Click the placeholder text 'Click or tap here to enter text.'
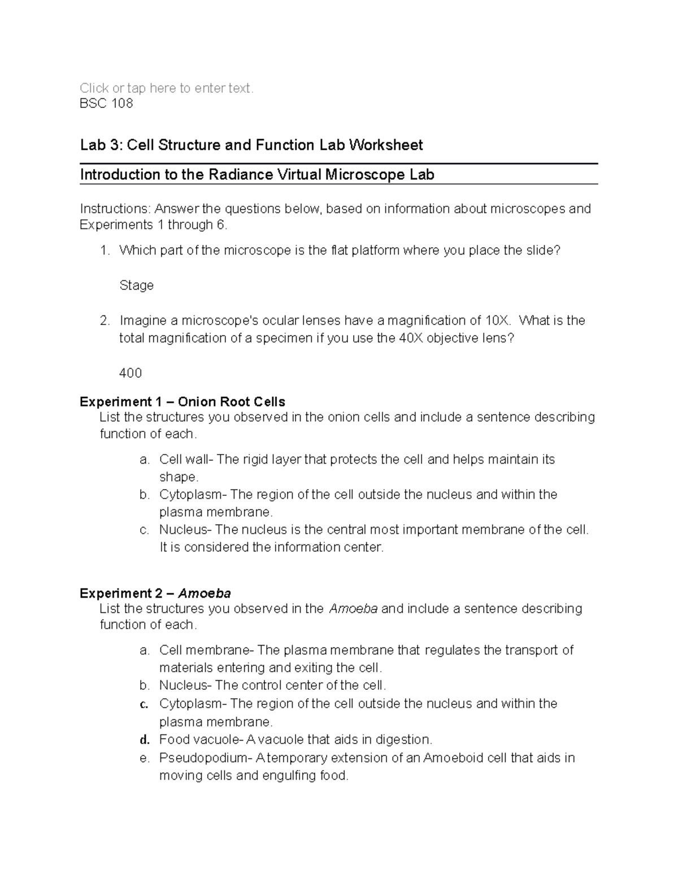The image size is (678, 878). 167,88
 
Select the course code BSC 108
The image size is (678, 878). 106,103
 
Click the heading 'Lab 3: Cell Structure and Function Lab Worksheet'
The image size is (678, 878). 251,145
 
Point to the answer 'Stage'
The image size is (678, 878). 136,286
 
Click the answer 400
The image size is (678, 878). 131,373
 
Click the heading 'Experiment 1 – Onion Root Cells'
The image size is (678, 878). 182,402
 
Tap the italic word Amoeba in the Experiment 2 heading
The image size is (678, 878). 205,594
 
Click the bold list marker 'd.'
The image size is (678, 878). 144,740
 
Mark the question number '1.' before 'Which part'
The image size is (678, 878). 105,250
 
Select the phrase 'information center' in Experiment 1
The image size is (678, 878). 328,547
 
